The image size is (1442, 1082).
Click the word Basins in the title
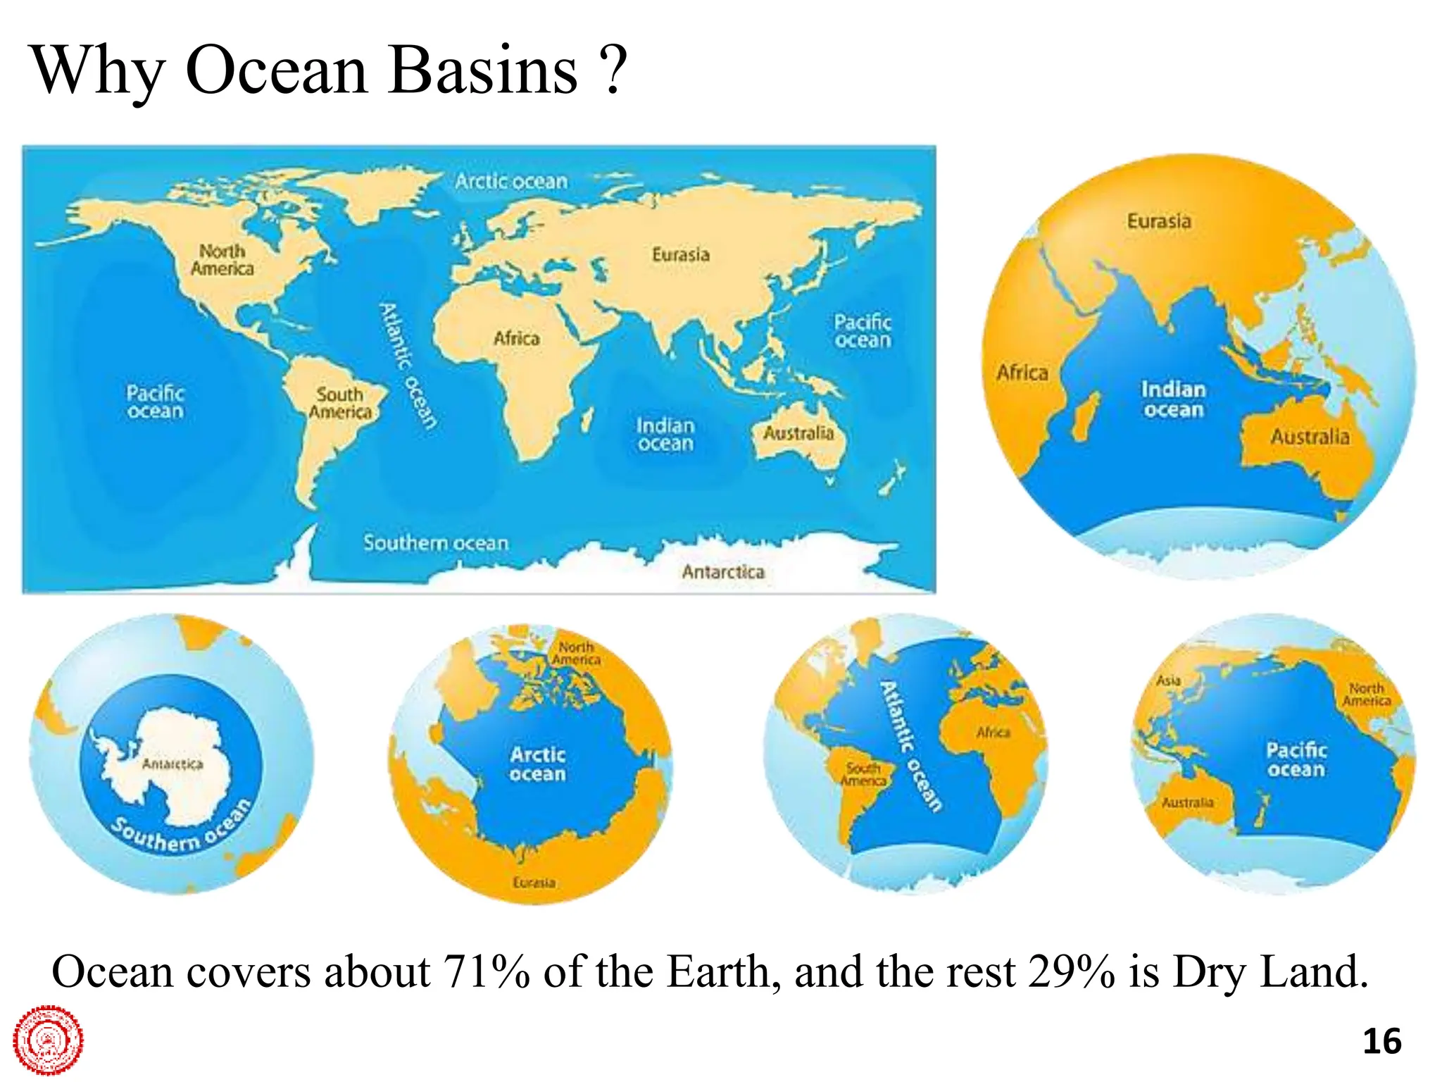pos(482,70)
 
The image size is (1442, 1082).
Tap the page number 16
pos(1381,1041)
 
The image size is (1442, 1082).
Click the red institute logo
pos(48,1040)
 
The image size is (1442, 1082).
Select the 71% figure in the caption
pos(486,972)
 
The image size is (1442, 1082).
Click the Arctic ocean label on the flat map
pos(511,181)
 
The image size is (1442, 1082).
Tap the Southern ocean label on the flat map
pos(436,543)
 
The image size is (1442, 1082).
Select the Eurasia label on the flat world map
pos(680,254)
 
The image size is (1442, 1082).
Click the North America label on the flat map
pos(222,260)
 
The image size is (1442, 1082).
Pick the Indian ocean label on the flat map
pos(665,435)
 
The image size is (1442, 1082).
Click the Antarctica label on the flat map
pos(723,572)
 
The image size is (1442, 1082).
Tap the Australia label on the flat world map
pos(798,433)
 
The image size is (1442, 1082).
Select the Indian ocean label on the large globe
pos(1173,399)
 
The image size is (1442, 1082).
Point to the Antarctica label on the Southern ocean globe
pos(173,764)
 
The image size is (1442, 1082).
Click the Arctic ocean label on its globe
pos(538,764)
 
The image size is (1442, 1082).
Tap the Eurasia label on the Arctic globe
pos(534,883)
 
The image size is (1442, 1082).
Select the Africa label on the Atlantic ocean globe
pos(993,733)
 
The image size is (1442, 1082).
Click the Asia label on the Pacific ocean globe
pos(1168,680)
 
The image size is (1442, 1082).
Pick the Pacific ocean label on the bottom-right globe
pos(1296,759)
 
